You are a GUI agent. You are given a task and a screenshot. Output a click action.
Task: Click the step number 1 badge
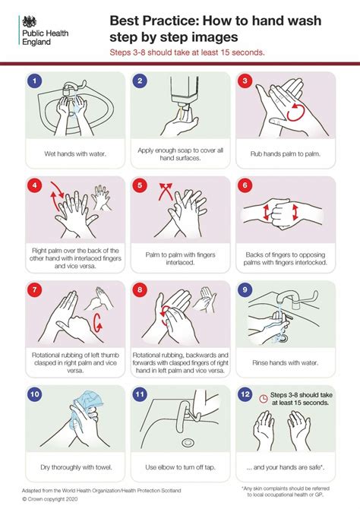[33, 81]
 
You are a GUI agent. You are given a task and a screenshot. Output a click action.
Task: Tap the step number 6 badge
[244, 185]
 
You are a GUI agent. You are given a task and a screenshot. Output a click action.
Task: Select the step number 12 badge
[244, 395]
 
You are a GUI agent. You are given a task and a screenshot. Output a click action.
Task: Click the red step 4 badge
[33, 185]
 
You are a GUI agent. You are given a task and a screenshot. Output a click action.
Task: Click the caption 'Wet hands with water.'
[74, 153]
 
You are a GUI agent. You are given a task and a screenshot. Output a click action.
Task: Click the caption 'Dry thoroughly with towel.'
[74, 466]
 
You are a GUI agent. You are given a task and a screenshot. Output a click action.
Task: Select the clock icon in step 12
[263, 397]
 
